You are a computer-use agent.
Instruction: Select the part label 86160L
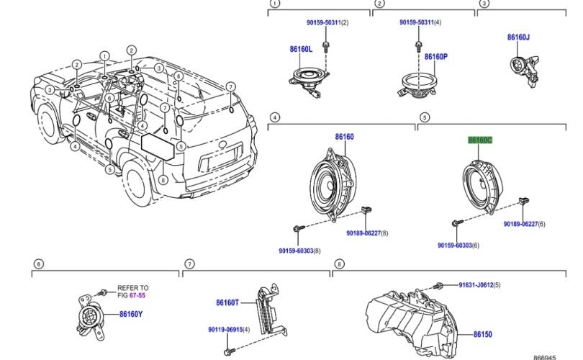300,50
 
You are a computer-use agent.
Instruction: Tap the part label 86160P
435,56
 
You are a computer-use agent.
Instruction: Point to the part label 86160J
518,37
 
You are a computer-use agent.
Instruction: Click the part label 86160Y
131,314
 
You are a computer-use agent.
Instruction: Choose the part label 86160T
228,303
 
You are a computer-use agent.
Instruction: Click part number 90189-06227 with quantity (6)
520,224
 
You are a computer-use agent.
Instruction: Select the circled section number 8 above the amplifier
338,264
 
